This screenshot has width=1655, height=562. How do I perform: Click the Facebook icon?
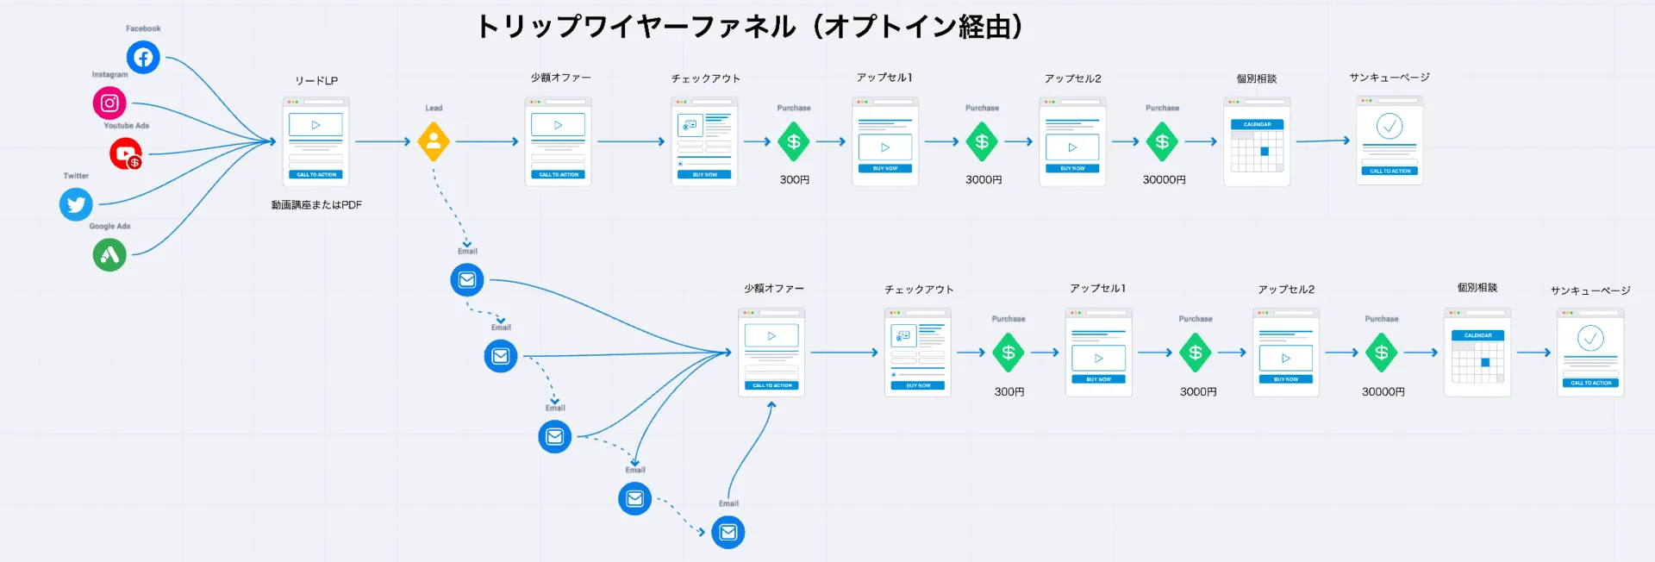click(x=143, y=58)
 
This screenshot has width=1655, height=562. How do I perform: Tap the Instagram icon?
click(x=109, y=103)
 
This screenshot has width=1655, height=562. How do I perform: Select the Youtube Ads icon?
click(x=126, y=154)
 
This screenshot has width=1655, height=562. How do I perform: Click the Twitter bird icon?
click(x=76, y=204)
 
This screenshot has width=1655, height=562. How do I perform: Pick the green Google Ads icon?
click(x=109, y=255)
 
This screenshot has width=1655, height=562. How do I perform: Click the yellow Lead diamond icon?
click(x=434, y=141)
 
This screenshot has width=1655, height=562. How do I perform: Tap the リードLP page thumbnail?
click(x=316, y=141)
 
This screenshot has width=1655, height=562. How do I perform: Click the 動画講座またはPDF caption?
click(x=316, y=205)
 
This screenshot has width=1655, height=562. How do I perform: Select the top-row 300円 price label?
click(x=794, y=180)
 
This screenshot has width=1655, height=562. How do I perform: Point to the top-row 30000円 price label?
click(x=1164, y=180)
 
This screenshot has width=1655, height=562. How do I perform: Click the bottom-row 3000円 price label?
click(x=1197, y=391)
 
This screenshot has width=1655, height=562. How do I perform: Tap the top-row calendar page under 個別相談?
click(x=1257, y=142)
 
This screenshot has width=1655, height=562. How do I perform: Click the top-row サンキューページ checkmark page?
click(x=1390, y=140)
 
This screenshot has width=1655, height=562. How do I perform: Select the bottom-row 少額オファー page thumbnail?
click(x=771, y=353)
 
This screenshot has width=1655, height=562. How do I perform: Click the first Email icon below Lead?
click(x=467, y=280)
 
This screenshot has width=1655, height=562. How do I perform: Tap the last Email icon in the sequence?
click(x=728, y=533)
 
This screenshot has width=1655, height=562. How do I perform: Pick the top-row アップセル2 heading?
click(x=1072, y=78)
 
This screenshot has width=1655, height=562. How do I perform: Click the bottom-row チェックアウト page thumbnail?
click(x=918, y=353)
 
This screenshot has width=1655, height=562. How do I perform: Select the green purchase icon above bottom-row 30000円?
click(x=1381, y=353)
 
